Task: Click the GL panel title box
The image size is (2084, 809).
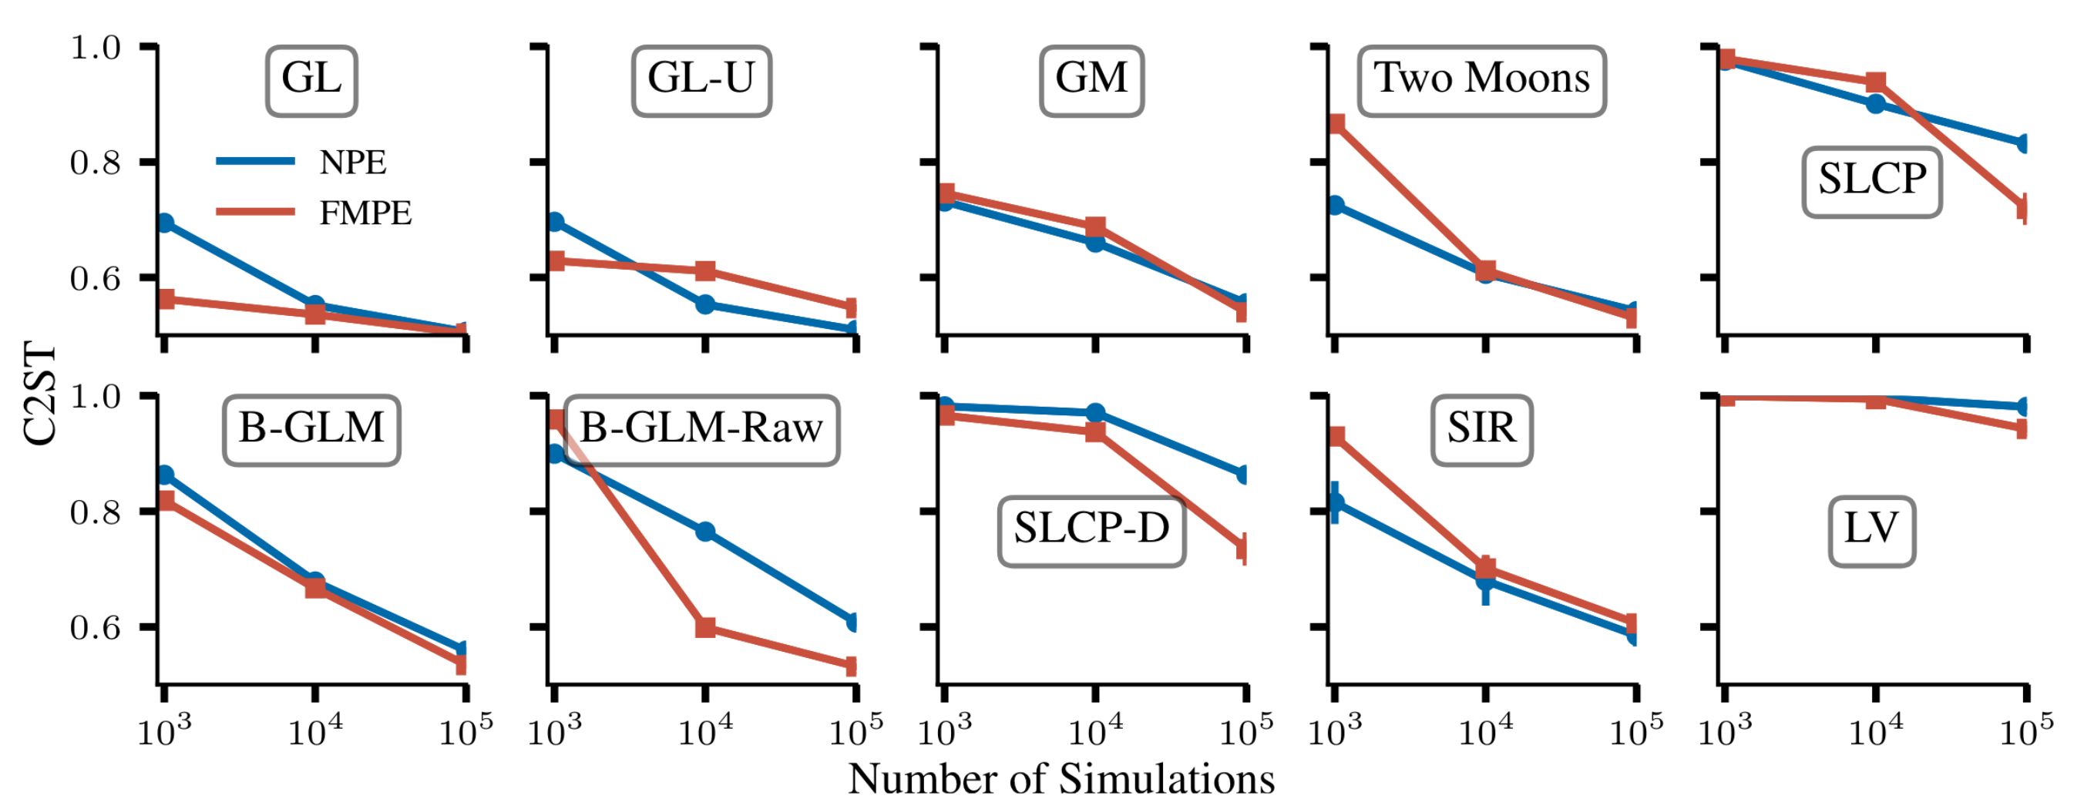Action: (311, 80)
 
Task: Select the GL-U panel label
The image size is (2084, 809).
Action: (701, 80)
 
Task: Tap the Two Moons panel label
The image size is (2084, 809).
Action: (1481, 80)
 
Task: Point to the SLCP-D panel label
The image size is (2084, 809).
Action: (1091, 530)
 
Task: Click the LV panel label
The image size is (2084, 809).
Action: (1871, 530)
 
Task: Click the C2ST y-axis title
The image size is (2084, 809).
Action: (40, 394)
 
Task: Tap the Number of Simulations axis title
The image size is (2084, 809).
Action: (1060, 780)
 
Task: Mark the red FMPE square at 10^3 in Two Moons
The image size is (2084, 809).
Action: (1336, 124)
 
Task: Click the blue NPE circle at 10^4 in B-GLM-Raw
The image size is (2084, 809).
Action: (704, 532)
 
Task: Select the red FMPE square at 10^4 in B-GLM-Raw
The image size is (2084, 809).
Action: (704, 627)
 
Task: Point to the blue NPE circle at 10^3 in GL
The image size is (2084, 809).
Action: (165, 223)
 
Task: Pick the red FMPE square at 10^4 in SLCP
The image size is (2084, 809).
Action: (1875, 82)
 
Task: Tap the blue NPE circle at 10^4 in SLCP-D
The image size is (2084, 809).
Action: (1094, 414)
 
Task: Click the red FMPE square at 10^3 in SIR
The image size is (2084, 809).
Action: (1336, 437)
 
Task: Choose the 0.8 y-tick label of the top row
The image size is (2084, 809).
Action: (95, 163)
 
